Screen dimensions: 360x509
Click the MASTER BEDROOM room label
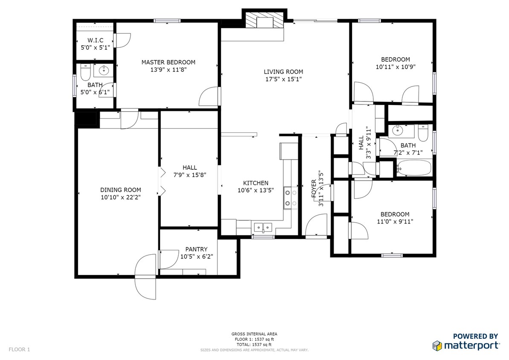coord(168,62)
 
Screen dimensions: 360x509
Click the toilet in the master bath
coord(85,73)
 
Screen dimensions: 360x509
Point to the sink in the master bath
coord(104,70)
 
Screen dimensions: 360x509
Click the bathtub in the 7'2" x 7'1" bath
coord(414,168)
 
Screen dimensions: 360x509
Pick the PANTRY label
coord(196,249)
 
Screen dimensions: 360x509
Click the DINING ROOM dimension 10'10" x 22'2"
coord(120,197)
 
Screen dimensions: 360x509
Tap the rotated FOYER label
coord(314,188)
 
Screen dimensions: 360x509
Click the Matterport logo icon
coord(436,345)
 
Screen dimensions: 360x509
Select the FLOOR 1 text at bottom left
coord(19,350)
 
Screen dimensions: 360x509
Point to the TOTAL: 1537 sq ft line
coord(254,344)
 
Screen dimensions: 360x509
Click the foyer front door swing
coord(316,225)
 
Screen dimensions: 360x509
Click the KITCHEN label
coord(256,183)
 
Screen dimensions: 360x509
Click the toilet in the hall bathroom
coord(423,134)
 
